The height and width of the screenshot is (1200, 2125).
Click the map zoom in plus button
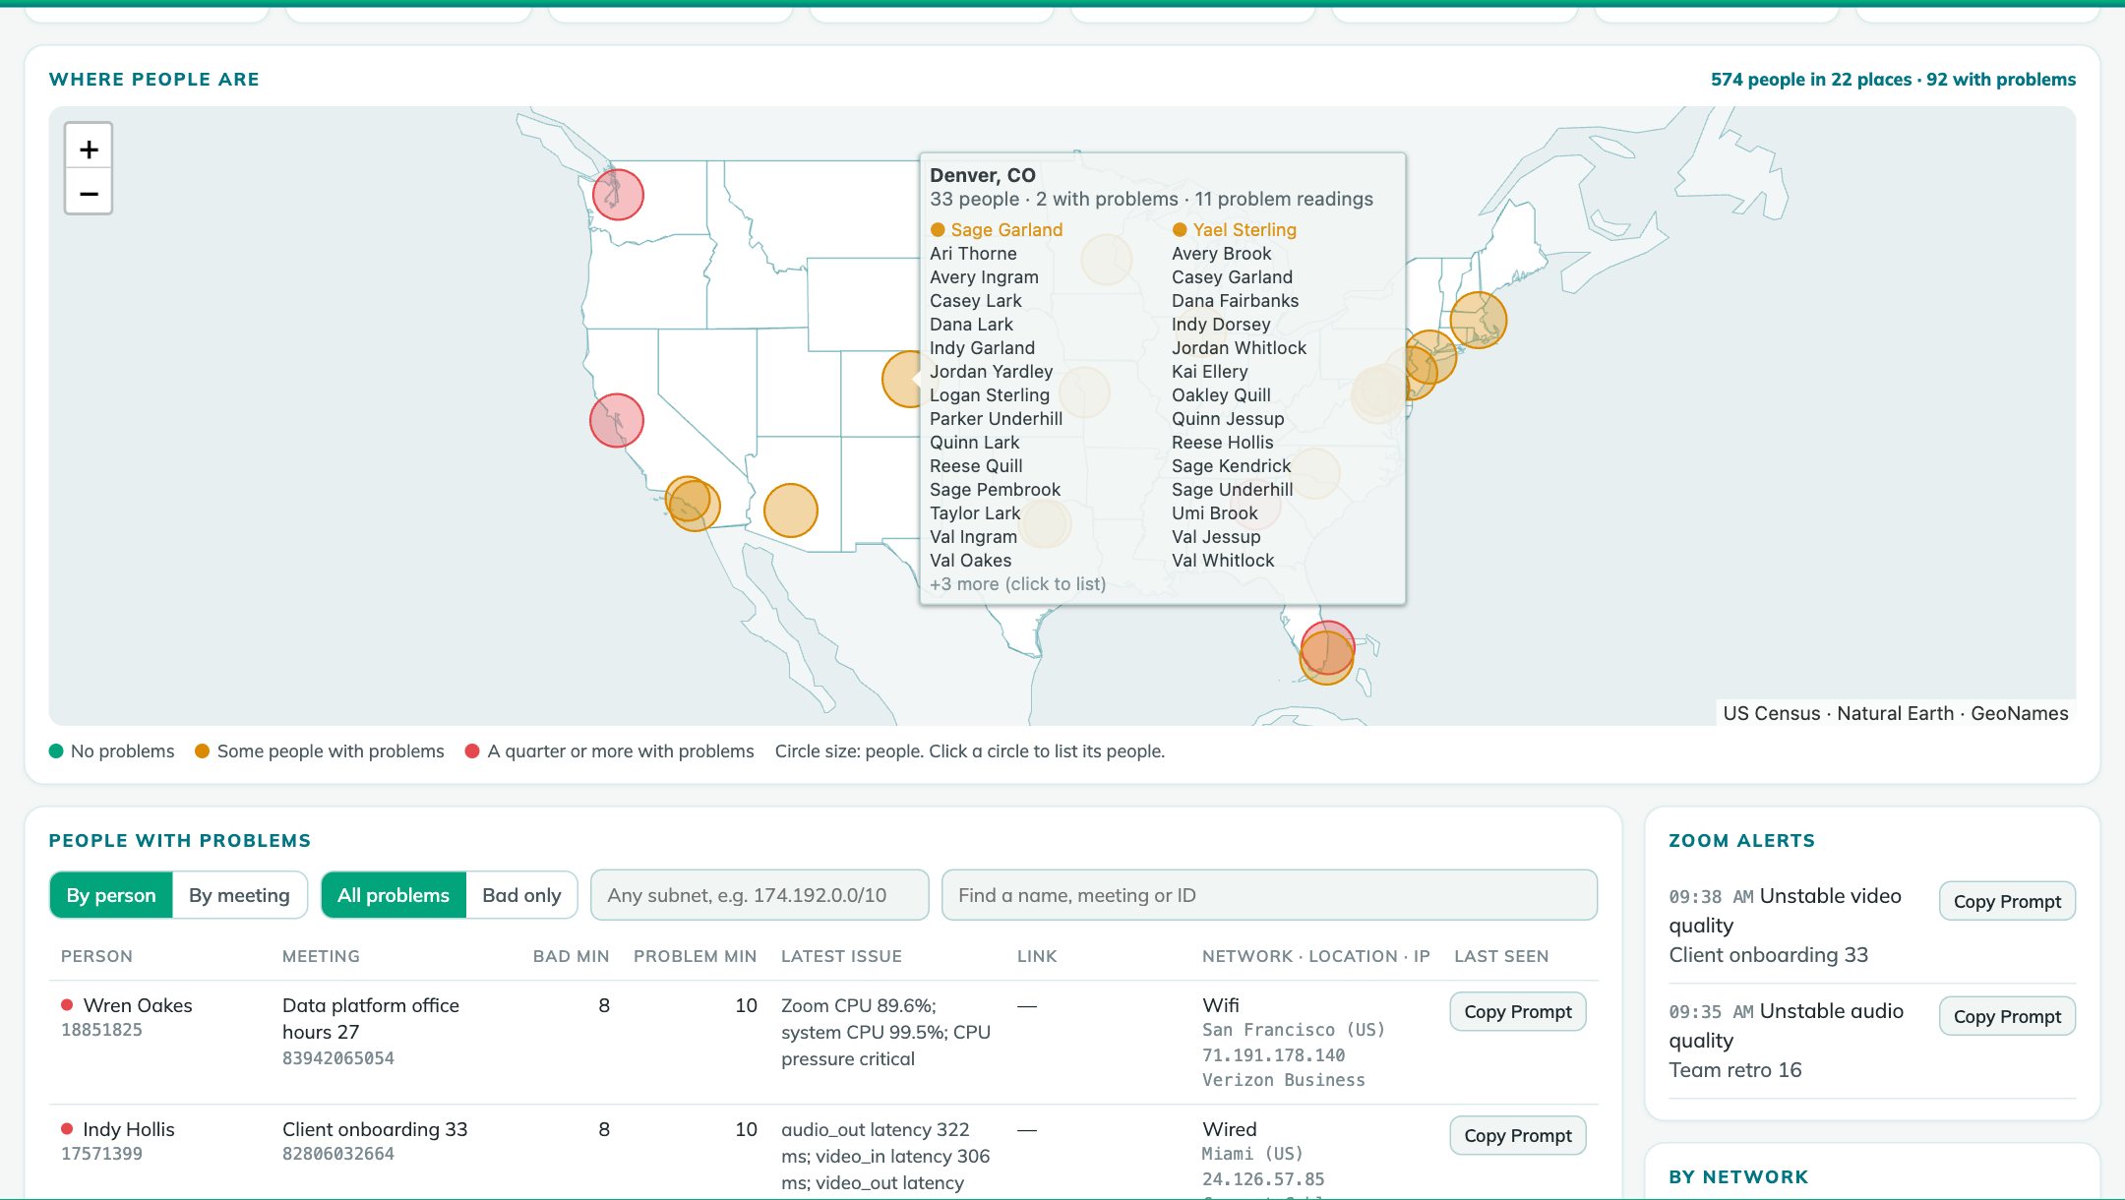[89, 149]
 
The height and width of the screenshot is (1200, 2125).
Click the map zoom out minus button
[89, 192]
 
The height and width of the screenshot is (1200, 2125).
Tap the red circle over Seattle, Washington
[618, 194]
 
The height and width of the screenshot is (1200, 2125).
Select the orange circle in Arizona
[790, 510]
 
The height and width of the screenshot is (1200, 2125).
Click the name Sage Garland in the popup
[1006, 229]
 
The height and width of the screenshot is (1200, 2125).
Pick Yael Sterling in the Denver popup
[1245, 229]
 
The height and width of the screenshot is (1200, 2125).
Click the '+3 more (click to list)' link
[1017, 583]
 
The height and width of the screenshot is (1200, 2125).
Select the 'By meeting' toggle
[239, 895]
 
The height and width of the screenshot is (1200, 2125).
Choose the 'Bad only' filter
[521, 895]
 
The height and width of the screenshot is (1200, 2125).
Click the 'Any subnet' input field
[759, 895]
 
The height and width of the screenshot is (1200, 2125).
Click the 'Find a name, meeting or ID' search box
[1269, 895]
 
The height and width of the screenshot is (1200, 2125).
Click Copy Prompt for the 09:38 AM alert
[2007, 901]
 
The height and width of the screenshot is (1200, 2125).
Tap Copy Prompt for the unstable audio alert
[2007, 1016]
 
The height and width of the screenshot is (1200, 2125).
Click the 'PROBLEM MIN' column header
[695, 956]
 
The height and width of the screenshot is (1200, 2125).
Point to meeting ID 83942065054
[338, 1058]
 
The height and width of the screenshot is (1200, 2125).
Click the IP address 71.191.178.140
[1273, 1055]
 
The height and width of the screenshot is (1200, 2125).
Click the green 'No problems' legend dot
[56, 751]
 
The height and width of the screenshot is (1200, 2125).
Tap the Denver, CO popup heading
[983, 175]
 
